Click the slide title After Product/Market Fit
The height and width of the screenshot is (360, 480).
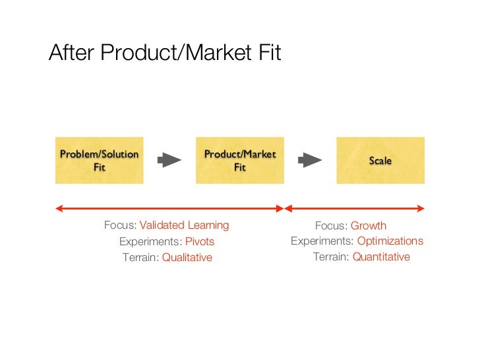(164, 53)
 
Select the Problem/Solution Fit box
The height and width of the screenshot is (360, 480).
(99, 160)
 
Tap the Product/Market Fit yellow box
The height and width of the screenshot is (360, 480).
(239, 160)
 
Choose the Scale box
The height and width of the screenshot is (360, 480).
(380, 160)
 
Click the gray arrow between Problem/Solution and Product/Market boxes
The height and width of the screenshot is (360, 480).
(169, 160)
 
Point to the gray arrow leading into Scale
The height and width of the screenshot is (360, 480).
(310, 160)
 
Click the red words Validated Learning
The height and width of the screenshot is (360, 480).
(184, 225)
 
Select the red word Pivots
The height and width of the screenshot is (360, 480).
(200, 242)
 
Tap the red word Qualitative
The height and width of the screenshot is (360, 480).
(187, 258)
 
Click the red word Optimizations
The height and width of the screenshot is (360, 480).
(390, 241)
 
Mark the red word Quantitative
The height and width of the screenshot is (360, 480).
(381, 257)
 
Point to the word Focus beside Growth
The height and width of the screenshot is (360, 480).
(330, 225)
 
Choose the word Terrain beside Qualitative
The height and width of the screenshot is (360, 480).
(140, 258)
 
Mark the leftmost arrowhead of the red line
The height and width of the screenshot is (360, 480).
(59, 208)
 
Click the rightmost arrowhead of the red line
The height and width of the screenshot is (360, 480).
(421, 208)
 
